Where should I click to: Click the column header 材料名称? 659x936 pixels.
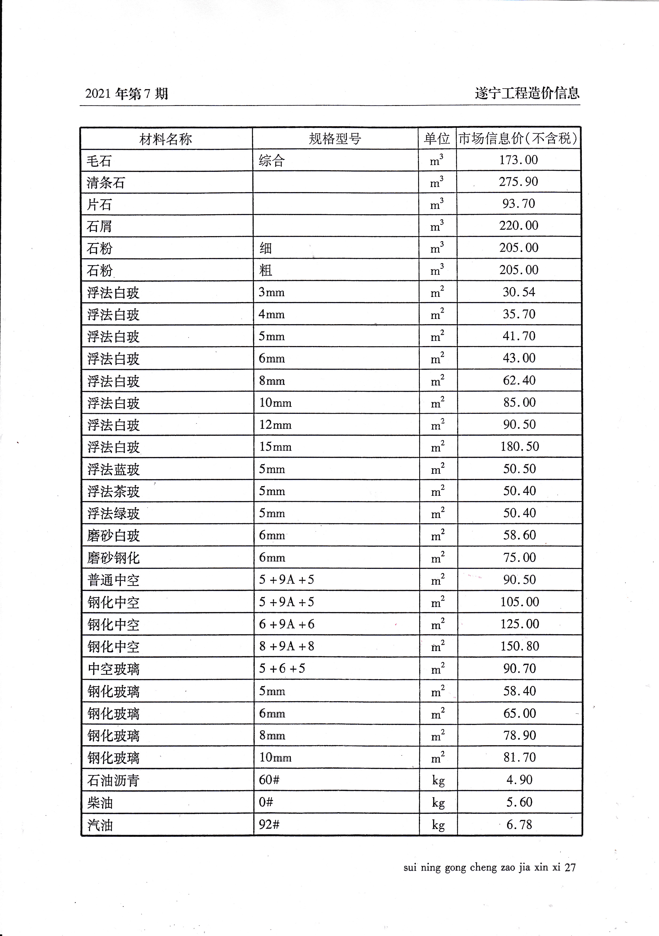(x=166, y=139)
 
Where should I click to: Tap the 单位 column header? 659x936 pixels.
(x=437, y=138)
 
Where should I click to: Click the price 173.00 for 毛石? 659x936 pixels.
(x=518, y=160)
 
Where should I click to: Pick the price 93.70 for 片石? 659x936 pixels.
(x=518, y=203)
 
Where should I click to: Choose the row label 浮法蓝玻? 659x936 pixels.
(x=113, y=469)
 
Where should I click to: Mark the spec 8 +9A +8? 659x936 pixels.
(x=287, y=646)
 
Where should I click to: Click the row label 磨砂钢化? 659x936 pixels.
(x=113, y=558)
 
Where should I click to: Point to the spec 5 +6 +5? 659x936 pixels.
(x=282, y=668)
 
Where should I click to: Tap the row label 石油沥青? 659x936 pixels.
(x=113, y=780)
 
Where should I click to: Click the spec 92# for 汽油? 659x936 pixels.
(x=269, y=824)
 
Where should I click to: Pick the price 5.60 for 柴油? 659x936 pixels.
(x=519, y=802)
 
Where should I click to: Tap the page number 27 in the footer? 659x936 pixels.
(x=570, y=867)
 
